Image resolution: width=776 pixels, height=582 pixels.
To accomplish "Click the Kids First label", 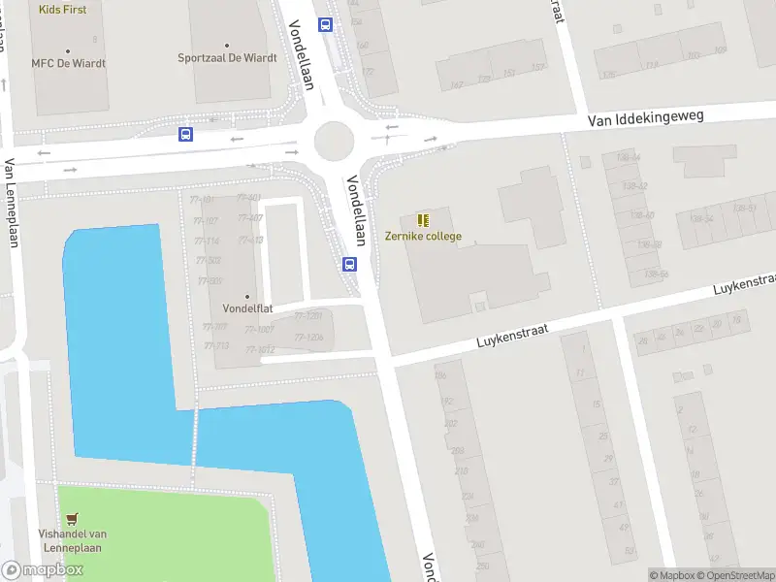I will (x=62, y=10).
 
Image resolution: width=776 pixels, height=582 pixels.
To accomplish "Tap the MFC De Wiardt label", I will (x=68, y=63).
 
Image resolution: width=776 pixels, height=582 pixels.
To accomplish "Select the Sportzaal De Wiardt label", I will (x=227, y=57).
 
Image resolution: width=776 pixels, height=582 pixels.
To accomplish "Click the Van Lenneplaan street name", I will (x=13, y=205).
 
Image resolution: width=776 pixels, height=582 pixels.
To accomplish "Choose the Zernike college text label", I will (x=423, y=236).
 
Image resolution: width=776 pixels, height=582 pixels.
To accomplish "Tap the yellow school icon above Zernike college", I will (x=423, y=220).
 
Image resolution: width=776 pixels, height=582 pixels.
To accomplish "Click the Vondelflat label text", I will (x=246, y=309).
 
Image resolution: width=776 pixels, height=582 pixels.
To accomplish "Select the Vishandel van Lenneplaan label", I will (x=72, y=540).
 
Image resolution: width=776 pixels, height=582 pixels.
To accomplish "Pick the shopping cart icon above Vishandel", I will (x=72, y=519).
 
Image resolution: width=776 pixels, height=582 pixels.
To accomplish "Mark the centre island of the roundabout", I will (x=334, y=142).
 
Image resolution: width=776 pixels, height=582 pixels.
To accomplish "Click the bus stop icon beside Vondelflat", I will (x=349, y=263).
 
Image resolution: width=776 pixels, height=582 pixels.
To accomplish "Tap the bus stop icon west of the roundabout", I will (x=185, y=135).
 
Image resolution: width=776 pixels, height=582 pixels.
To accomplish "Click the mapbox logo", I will (x=43, y=570).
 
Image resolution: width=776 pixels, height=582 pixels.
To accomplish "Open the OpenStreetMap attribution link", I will (x=726, y=575).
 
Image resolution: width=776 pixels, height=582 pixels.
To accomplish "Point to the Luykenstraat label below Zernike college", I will (x=512, y=337).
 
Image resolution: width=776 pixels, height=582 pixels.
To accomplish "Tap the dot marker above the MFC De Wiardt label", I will (x=68, y=50).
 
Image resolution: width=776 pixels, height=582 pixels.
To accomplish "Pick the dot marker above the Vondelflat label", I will (x=246, y=297).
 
